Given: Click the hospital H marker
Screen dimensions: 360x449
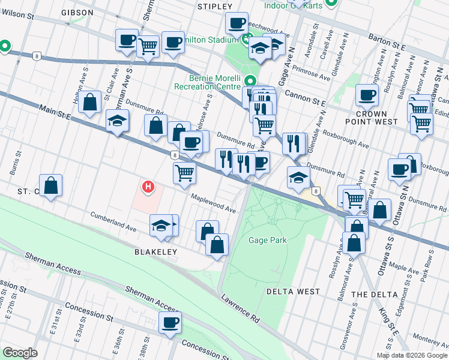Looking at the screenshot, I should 148,188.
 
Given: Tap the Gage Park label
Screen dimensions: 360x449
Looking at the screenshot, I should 267,240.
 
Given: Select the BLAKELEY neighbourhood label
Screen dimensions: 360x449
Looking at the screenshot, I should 155,252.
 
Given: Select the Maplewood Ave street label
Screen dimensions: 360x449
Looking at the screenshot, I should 214,203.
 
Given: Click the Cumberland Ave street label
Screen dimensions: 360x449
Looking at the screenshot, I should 113,221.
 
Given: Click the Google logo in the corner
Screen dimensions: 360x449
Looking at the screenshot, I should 19,352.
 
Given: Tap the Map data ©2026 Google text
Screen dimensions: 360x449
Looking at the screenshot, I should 412,355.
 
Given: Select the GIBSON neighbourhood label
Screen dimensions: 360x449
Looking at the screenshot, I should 77,12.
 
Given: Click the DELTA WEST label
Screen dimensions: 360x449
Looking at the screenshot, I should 294,291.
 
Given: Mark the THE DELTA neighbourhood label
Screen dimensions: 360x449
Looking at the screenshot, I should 375,294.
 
